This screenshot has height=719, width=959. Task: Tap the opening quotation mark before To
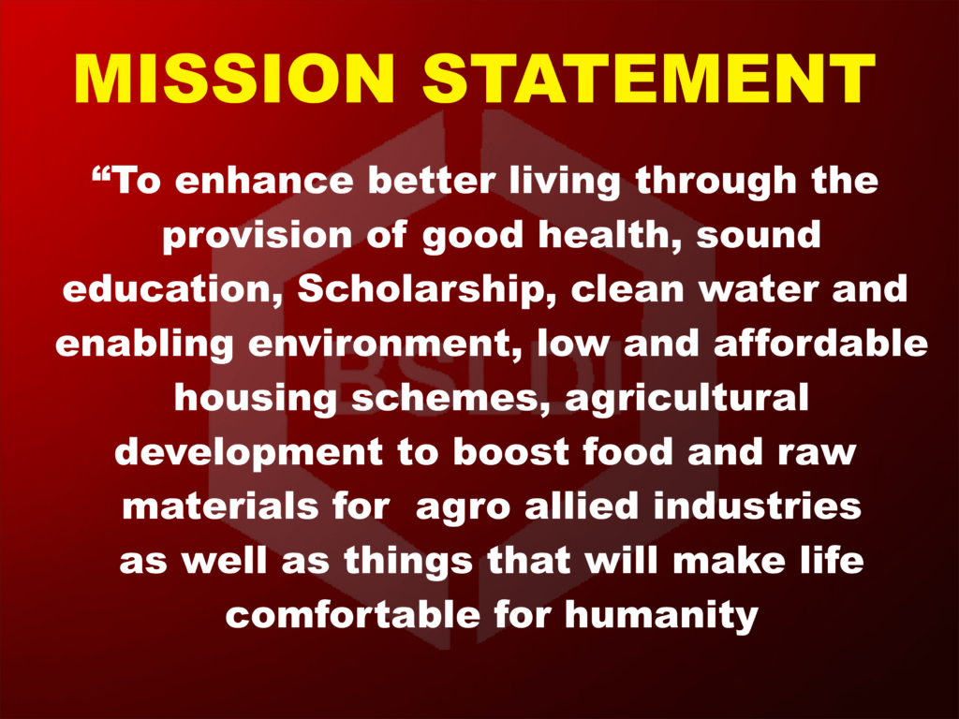pos(101,172)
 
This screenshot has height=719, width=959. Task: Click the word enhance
pos(264,181)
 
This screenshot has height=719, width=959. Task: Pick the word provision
pos(257,236)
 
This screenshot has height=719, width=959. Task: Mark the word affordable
pos(820,343)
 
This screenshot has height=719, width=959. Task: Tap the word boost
pos(509,452)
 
